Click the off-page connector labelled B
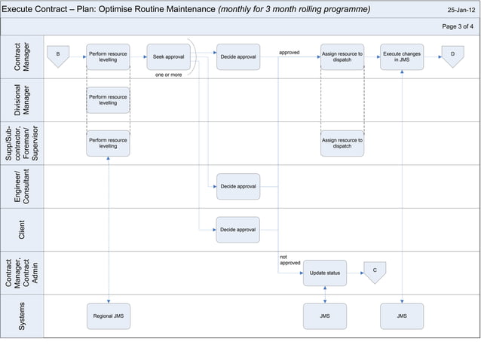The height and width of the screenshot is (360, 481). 58,56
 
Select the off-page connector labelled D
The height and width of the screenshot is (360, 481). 452,56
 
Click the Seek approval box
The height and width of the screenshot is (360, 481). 168,56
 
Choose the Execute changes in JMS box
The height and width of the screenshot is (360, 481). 402,56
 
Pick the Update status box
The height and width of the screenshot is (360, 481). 325,273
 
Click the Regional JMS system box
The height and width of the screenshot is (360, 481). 108,316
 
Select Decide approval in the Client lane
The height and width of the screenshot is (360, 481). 238,230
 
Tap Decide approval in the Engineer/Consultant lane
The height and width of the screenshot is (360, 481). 238,186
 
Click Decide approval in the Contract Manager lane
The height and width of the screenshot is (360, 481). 238,56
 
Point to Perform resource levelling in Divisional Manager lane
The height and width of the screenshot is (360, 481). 108,99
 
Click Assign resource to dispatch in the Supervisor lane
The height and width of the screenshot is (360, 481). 342,143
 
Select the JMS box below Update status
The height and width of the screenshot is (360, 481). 325,316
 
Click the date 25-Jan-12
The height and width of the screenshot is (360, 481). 461,11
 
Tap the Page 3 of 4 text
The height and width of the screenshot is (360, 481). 458,26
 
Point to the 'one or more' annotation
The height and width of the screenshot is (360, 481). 168,75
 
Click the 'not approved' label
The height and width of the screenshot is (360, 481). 290,260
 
